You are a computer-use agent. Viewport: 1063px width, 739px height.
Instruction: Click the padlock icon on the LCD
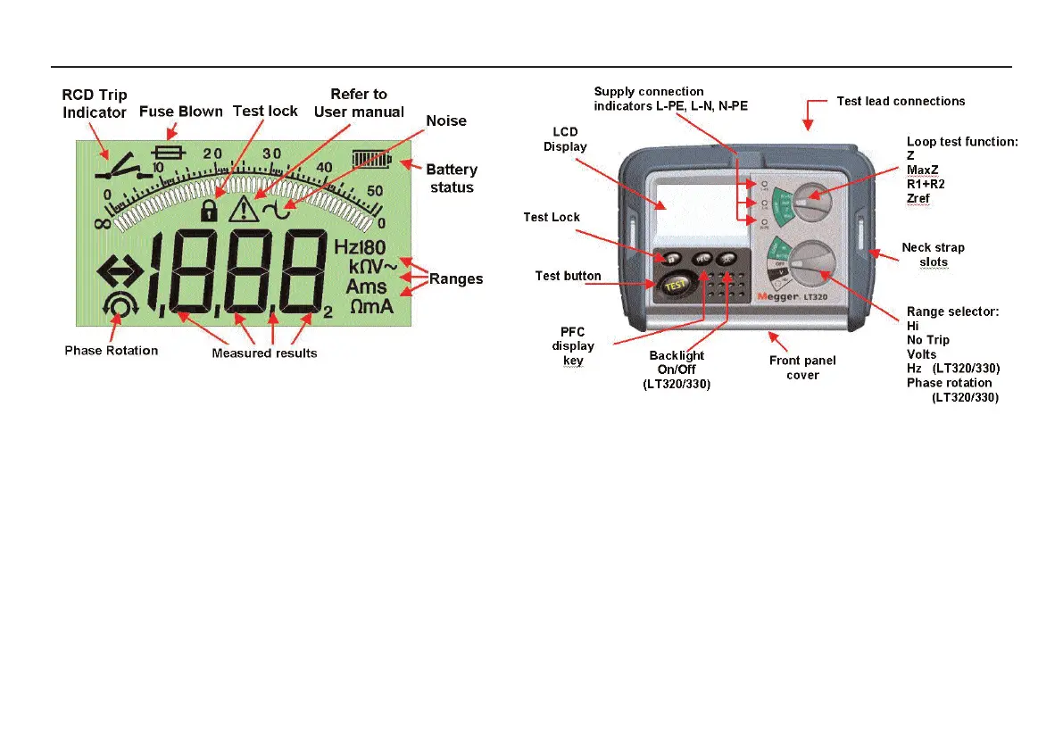[209, 211]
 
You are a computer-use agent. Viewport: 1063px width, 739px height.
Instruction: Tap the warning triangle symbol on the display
[243, 210]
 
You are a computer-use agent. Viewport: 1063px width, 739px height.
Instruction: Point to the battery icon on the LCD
[372, 159]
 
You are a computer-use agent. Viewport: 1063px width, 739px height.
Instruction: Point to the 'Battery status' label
[452, 178]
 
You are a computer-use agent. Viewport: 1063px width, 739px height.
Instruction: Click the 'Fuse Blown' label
[181, 112]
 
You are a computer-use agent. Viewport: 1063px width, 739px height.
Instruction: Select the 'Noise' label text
[446, 120]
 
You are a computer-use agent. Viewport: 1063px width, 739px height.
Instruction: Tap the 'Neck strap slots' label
[933, 254]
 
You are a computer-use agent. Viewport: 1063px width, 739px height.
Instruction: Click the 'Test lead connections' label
[901, 101]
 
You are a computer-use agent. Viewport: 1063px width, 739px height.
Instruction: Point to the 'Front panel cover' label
[802, 368]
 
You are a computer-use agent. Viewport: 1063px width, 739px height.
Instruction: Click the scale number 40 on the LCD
[323, 167]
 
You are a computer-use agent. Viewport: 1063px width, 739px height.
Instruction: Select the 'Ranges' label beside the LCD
[456, 278]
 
